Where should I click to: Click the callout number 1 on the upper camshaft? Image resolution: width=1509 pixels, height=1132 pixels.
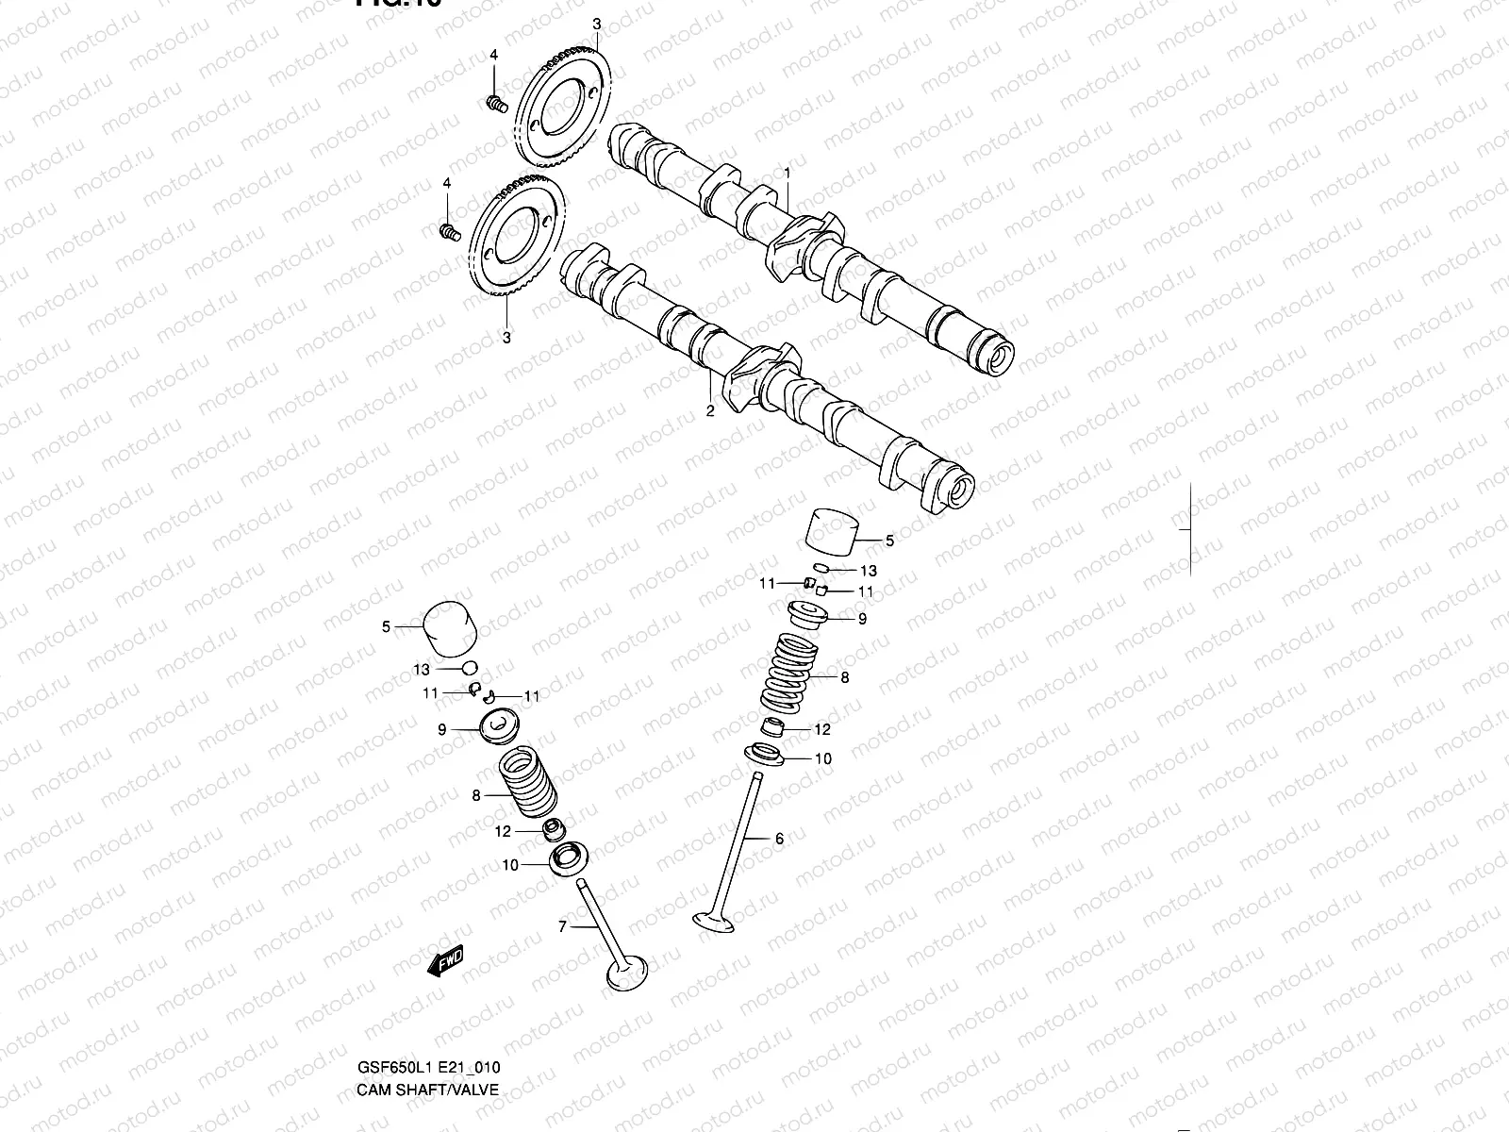(788, 174)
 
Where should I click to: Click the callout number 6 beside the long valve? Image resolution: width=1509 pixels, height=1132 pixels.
(779, 839)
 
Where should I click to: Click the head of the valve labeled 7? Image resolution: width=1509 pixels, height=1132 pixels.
(626, 974)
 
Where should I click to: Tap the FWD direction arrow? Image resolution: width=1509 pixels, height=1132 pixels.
(445, 961)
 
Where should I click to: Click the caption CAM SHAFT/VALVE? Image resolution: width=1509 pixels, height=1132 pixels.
(427, 1090)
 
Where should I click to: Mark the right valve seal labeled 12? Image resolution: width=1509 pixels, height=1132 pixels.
(773, 728)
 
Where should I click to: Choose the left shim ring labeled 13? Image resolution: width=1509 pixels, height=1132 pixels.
(469, 668)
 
